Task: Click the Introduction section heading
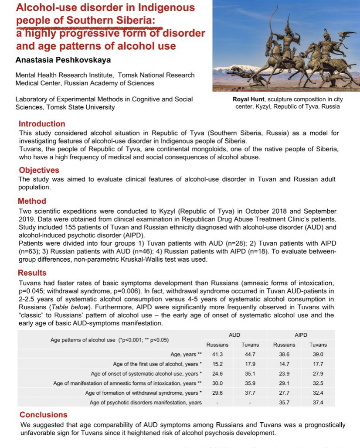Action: (42, 124)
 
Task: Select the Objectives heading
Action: (39, 170)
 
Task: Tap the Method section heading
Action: (32, 201)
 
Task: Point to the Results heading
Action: (32, 273)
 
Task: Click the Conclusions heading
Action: (44, 415)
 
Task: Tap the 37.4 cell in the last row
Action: (318, 402)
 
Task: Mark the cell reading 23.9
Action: (284, 374)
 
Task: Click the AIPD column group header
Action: (301, 335)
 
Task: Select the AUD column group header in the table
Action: (234, 335)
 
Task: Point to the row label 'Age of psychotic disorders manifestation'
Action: (146, 402)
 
